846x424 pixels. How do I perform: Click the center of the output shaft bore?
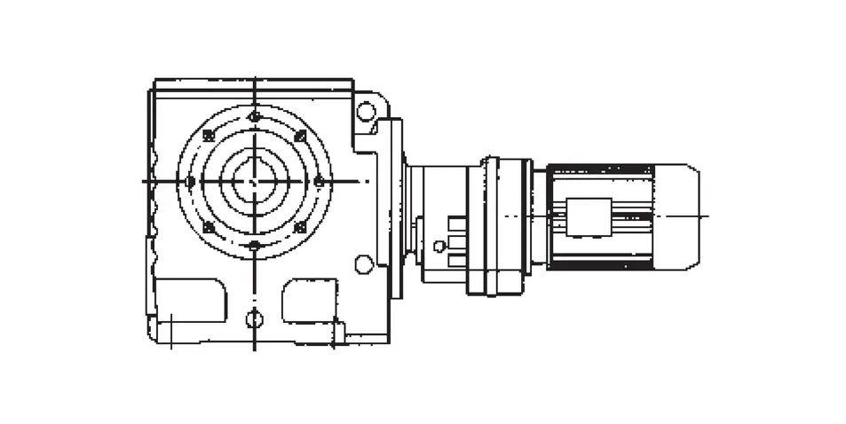tap(255, 181)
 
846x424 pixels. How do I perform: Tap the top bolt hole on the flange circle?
tap(255, 116)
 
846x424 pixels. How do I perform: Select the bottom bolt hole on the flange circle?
tap(255, 246)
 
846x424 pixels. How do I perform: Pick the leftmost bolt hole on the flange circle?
tap(189, 181)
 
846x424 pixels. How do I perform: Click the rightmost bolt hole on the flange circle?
tap(319, 181)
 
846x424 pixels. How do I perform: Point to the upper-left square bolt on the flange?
tap(209, 136)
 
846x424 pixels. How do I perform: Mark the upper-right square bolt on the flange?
tap(300, 136)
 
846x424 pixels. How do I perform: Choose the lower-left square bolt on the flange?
tap(209, 227)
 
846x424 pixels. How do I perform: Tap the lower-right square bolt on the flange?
tap(300, 227)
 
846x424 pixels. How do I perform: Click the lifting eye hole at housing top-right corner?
tap(366, 111)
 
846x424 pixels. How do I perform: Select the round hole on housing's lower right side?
tap(363, 263)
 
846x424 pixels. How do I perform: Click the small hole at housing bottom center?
tap(255, 318)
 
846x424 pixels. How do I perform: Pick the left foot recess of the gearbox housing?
tap(190, 300)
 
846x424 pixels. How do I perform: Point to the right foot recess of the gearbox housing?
tap(310, 300)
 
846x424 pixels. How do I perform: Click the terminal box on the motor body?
tap(589, 216)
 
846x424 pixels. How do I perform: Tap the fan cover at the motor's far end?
tap(677, 216)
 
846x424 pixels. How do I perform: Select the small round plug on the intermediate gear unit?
tap(439, 247)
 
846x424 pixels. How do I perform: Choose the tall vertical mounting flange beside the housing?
tap(396, 208)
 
